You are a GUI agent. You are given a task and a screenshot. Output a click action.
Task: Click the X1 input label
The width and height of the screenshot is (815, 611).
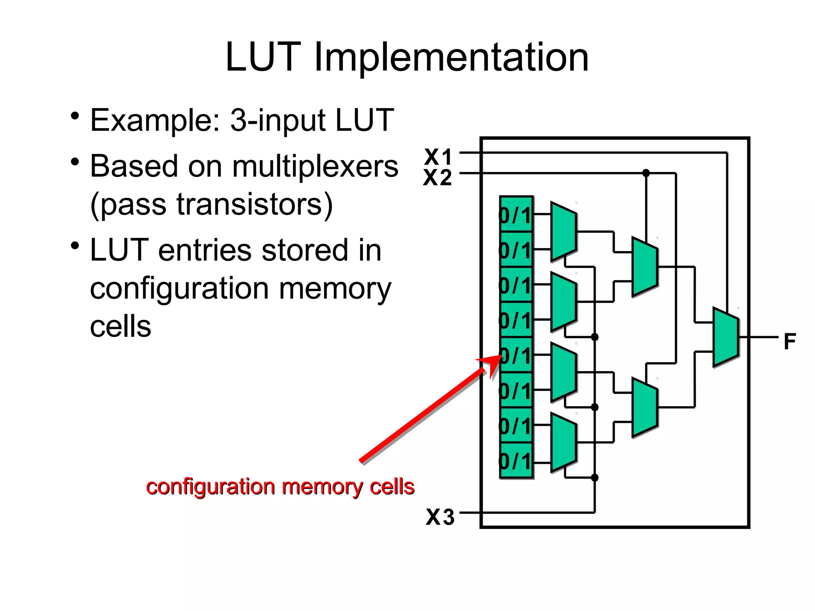point(438,156)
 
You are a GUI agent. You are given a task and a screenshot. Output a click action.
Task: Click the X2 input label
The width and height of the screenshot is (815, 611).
point(438,177)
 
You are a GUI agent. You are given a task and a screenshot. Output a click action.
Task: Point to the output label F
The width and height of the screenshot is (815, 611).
point(790,341)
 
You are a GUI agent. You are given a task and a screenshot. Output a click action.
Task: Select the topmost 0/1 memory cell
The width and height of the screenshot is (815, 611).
point(516,215)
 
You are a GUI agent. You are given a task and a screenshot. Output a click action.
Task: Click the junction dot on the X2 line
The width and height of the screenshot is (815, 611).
point(646,173)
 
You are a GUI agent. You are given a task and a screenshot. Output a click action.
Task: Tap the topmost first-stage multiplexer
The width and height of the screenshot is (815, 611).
point(563,232)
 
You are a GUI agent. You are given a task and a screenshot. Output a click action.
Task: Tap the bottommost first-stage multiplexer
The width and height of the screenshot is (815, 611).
point(563,442)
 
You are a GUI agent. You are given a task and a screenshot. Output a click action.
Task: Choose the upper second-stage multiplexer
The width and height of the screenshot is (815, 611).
point(645,267)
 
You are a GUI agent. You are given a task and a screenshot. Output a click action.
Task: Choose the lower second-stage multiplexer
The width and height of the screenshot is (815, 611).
point(645,407)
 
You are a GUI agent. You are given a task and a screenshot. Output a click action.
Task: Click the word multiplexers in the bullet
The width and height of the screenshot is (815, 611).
point(315,166)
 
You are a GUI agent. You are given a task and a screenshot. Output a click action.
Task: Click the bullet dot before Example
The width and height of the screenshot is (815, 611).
point(75,117)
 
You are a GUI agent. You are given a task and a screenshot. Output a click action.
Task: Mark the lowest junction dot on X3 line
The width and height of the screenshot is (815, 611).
point(595,477)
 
